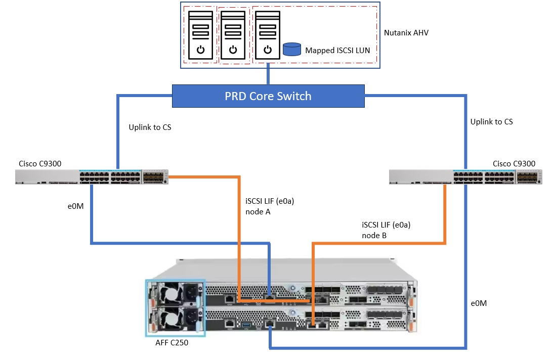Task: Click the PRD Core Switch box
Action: tap(268, 96)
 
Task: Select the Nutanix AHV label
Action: tap(406, 33)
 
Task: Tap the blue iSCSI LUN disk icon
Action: tap(291, 49)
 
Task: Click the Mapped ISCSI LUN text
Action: tap(337, 51)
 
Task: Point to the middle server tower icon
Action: tap(233, 35)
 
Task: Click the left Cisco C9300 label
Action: tap(40, 163)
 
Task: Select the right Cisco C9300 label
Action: tap(514, 163)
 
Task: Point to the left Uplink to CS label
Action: tap(150, 127)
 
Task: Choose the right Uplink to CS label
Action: tap(491, 122)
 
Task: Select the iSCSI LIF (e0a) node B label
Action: tap(386, 230)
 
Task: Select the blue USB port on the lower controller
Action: tap(247, 322)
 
